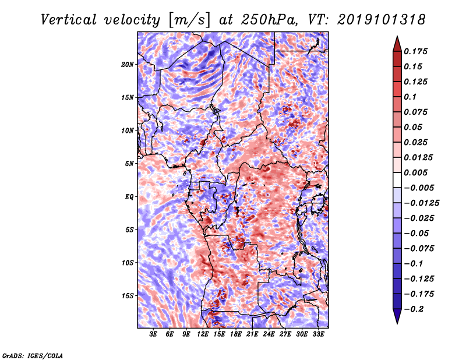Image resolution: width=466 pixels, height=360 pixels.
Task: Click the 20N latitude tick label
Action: coord(128,64)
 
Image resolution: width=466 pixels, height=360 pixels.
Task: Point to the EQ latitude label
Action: coord(129,196)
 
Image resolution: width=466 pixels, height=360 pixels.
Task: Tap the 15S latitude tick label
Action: coord(128,295)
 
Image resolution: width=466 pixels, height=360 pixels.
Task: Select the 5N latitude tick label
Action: coord(129,163)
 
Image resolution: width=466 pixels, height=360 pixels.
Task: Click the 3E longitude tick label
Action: coord(154,334)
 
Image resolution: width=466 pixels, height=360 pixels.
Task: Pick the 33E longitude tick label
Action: coord(318,334)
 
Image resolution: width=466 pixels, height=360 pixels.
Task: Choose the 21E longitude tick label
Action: coord(252,334)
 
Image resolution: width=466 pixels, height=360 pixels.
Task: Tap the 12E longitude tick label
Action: coord(203,334)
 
